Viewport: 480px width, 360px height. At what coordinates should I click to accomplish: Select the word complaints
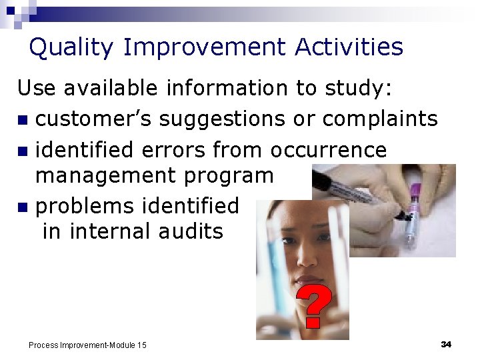[x=380, y=119]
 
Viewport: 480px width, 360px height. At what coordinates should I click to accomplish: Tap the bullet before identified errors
[x=23, y=151]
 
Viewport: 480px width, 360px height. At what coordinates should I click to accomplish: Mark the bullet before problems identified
[x=23, y=208]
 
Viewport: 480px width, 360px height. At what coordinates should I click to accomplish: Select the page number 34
[x=446, y=344]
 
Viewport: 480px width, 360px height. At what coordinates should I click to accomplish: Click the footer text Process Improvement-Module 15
[x=87, y=345]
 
